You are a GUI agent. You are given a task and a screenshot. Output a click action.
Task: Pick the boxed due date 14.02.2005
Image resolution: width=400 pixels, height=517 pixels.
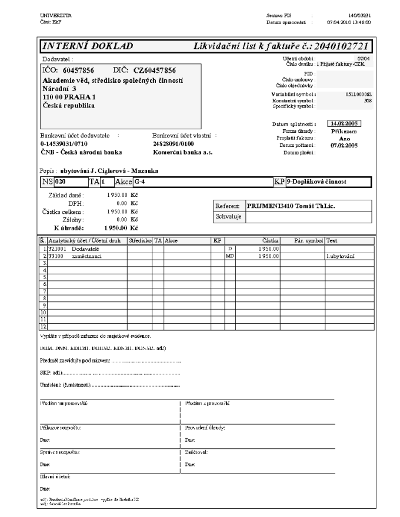click(x=345, y=124)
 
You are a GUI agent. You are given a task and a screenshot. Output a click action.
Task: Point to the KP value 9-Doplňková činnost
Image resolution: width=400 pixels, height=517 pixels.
click(x=316, y=182)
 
